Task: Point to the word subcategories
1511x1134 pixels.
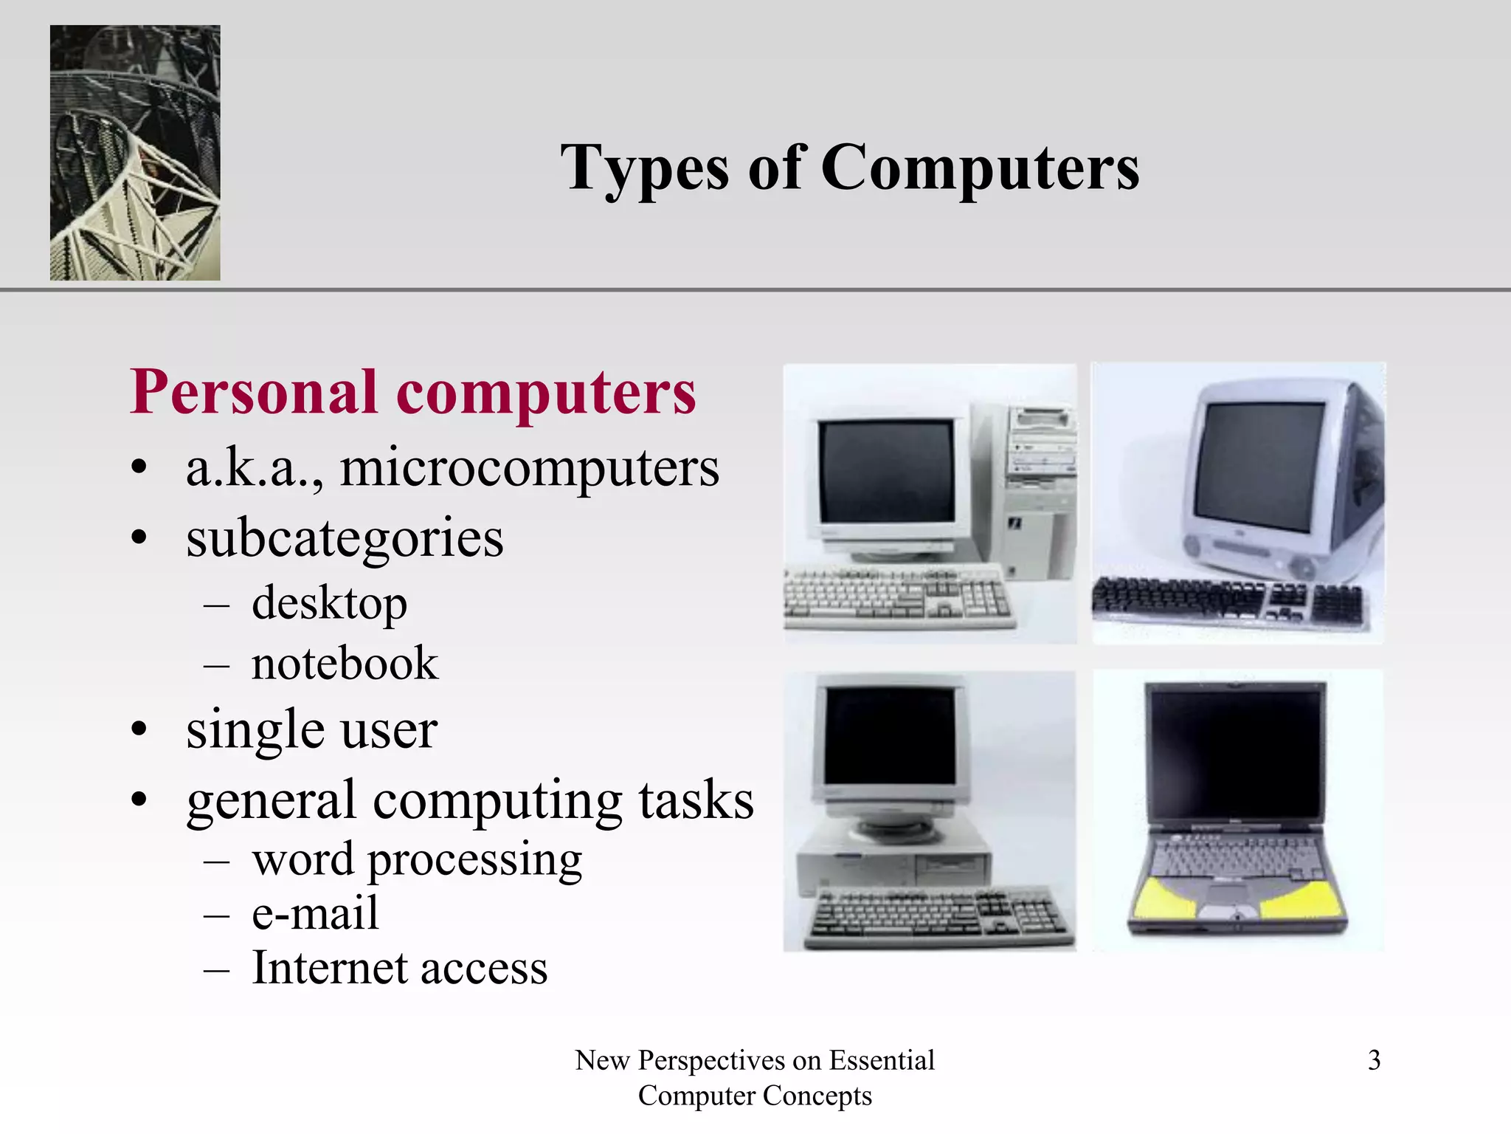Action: pyautogui.click(x=345, y=538)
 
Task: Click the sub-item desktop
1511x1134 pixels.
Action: pyautogui.click(x=329, y=603)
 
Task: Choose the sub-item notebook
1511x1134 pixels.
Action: pyautogui.click(x=345, y=663)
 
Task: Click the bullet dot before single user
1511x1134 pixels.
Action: pyautogui.click(x=139, y=730)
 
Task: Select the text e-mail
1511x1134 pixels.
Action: pyautogui.click(x=315, y=913)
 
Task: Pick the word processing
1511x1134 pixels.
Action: pyautogui.click(x=474, y=860)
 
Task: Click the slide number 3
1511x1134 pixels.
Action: pyautogui.click(x=1374, y=1060)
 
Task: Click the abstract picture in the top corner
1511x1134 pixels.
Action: pyautogui.click(x=135, y=153)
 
